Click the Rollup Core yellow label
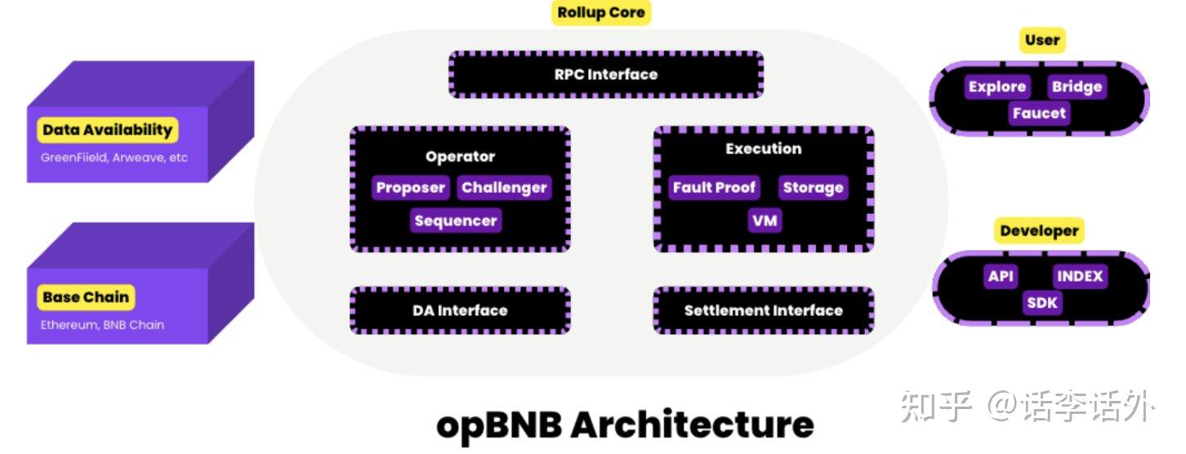pos(600,13)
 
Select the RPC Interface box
pos(605,74)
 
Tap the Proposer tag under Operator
pos(410,188)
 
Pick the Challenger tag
pos(503,188)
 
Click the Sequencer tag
pos(455,220)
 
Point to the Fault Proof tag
pos(714,188)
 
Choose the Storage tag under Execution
pos(812,188)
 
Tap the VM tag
pos(765,220)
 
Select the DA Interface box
pos(460,310)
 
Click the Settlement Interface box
pos(763,310)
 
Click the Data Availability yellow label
pos(107,130)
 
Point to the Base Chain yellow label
pos(86,297)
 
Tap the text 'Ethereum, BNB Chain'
pos(102,324)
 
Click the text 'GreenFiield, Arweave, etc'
pos(114,157)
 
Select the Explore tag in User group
pos(997,87)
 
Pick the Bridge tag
pos(1077,87)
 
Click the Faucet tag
pos(1039,113)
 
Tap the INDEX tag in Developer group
pos(1080,276)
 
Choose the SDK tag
pos(1041,303)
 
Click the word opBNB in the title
pos(498,425)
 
